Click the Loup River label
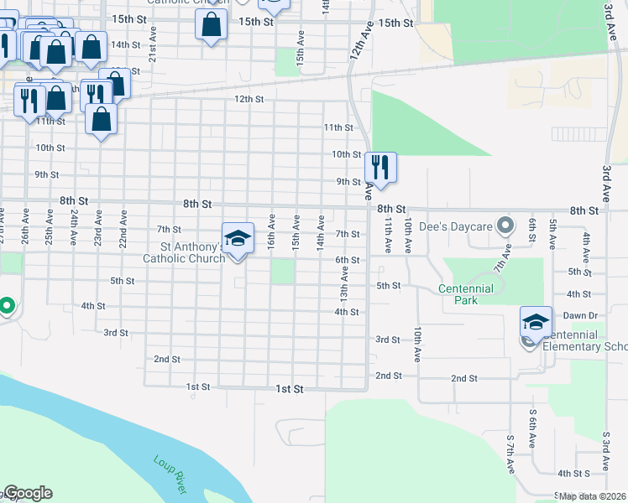(x=170, y=474)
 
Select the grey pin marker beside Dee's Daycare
(x=505, y=225)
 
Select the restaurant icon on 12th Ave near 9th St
(x=381, y=168)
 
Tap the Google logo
(x=27, y=493)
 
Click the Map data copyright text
(x=592, y=496)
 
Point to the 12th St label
(x=249, y=99)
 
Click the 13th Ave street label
(x=344, y=287)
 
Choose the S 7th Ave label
(x=510, y=455)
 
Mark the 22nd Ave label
(x=123, y=228)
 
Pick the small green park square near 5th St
(x=283, y=272)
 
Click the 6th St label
(x=348, y=261)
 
